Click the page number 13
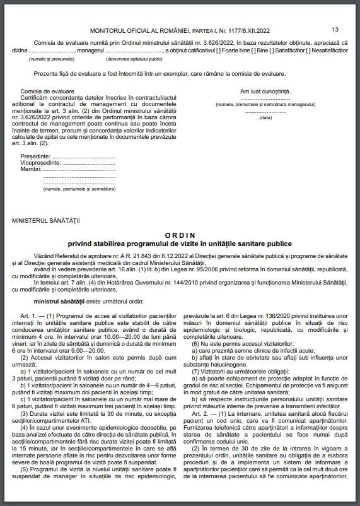pos(335,29)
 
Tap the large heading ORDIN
pos(180,233)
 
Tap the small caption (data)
pos(265,117)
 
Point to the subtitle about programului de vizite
pos(180,243)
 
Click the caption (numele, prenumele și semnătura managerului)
pos(265,103)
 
